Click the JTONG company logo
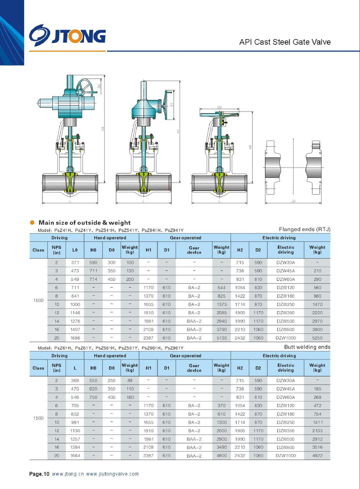pyautogui.click(x=67, y=35)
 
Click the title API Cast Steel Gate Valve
pyautogui.click(x=285, y=42)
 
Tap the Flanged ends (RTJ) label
pyautogui.click(x=305, y=229)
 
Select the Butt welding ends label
pyautogui.click(x=307, y=347)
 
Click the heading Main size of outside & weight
pyautogui.click(x=85, y=223)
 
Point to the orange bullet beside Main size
pyautogui.click(x=32, y=222)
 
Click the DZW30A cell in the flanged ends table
pyautogui.click(x=285, y=263)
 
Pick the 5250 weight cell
pyautogui.click(x=317, y=338)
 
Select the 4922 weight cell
pyautogui.click(x=317, y=456)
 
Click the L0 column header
pyautogui.click(x=75, y=250)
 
